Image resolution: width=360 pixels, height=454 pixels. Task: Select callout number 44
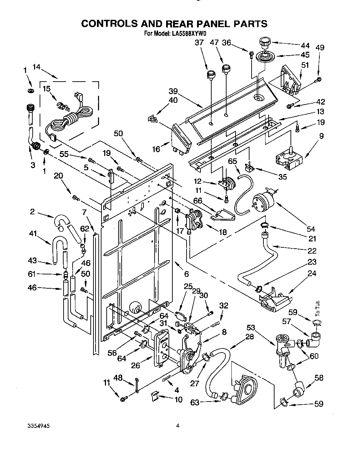tap(305, 46)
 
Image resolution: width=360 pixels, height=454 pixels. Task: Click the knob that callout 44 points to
tap(264, 43)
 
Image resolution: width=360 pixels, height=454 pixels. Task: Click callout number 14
tap(36, 67)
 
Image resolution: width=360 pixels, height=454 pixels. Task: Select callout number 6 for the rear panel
tap(186, 274)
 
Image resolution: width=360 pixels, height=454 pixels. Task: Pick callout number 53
tap(251, 327)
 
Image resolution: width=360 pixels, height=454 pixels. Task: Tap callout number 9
tap(321, 136)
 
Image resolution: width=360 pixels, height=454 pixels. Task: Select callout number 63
tap(195, 402)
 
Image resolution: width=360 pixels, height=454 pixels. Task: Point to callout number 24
tap(312, 273)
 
